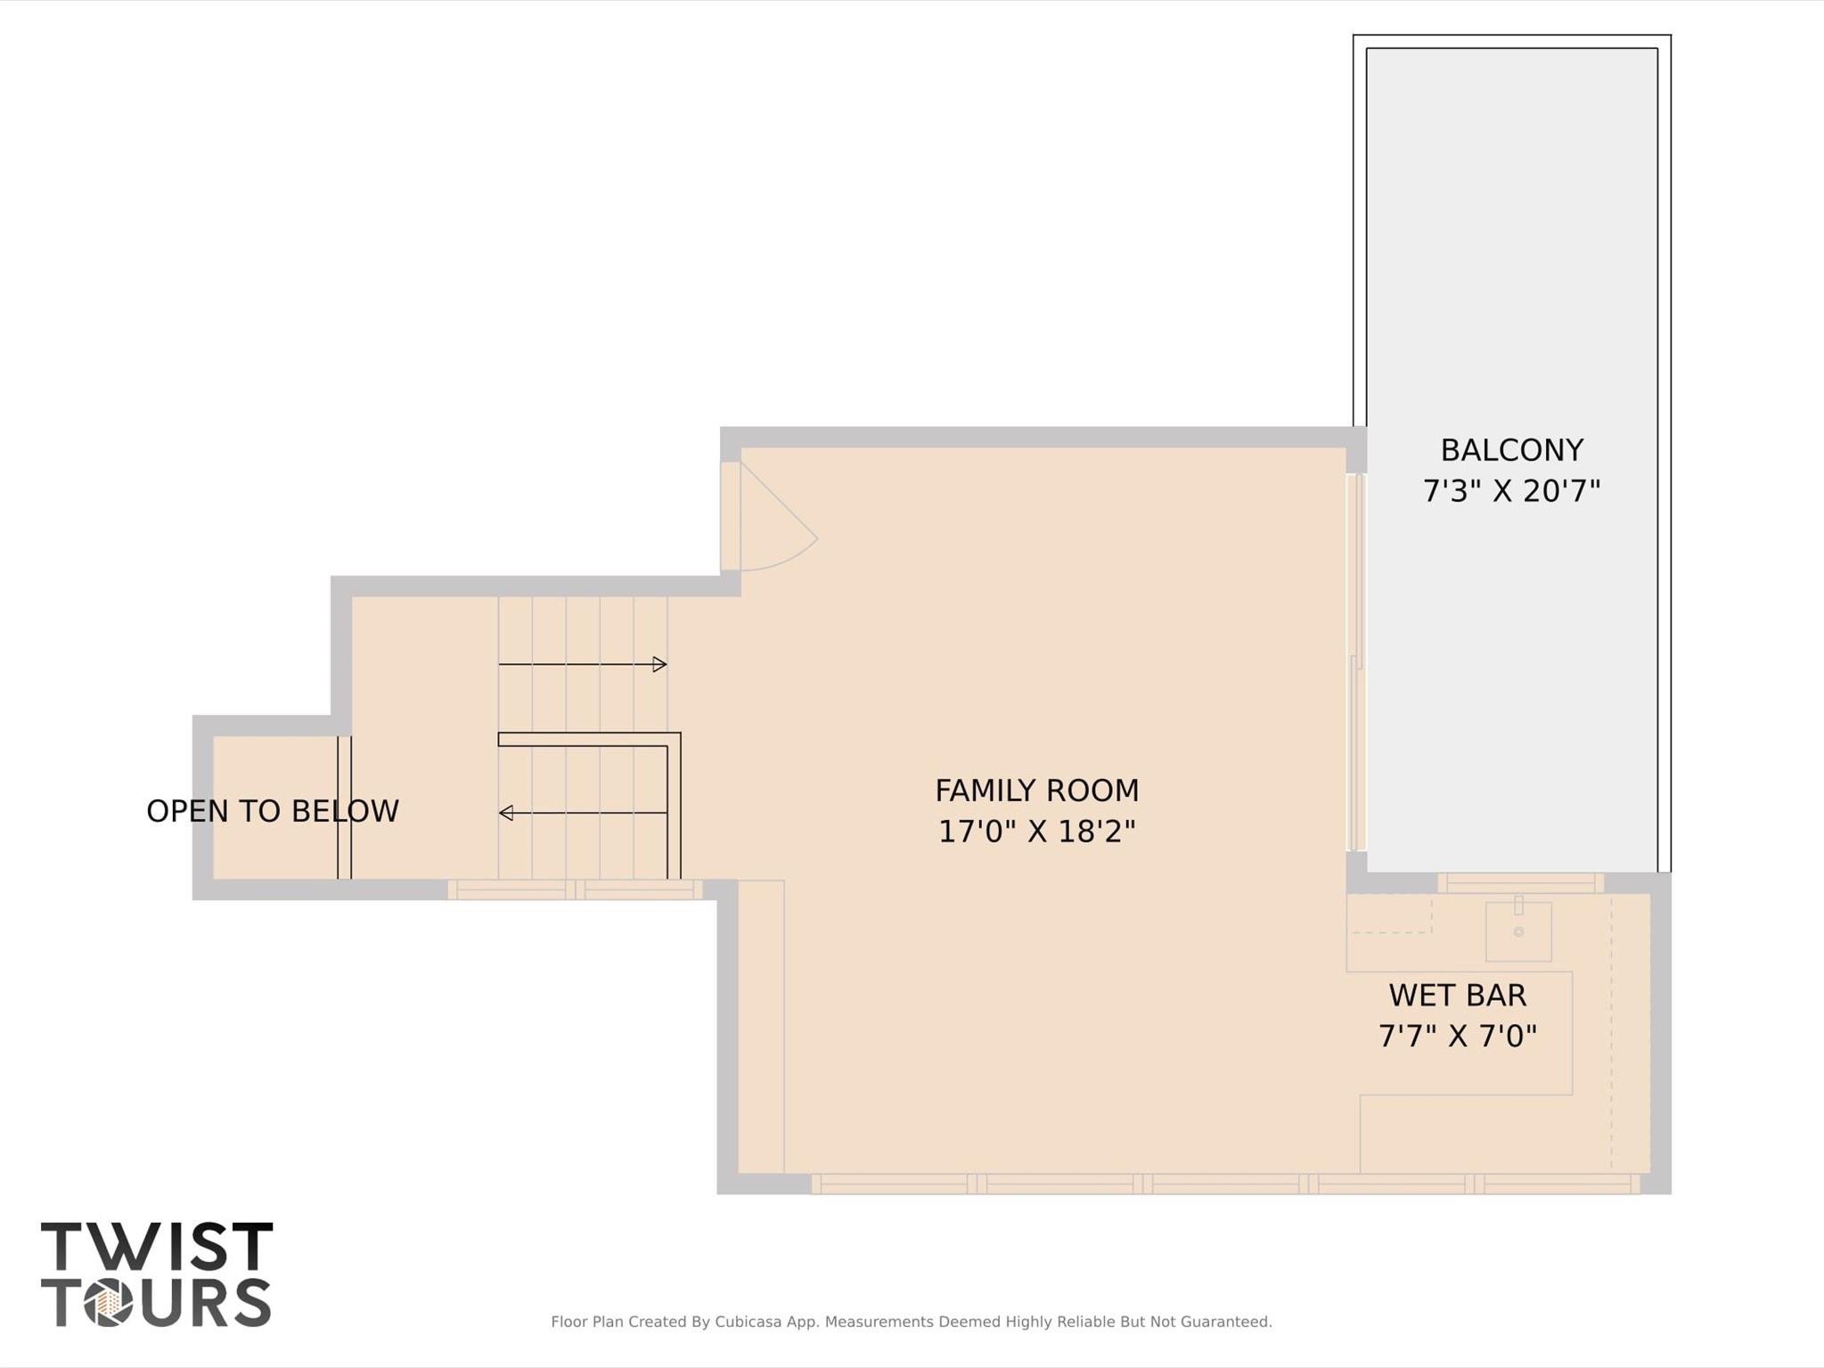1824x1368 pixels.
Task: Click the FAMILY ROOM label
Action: [1036, 790]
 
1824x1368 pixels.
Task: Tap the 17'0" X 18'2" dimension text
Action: [1036, 831]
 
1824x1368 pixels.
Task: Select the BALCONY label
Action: [1511, 450]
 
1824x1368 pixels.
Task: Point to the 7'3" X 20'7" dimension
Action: [1511, 491]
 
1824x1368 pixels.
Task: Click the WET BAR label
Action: [1457, 995]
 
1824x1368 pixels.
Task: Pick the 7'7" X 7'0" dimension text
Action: [1457, 1036]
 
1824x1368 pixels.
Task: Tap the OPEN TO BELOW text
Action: [272, 811]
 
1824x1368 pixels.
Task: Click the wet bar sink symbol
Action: [1518, 930]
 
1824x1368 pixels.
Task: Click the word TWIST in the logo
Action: [156, 1247]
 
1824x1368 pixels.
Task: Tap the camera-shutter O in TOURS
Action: [109, 1303]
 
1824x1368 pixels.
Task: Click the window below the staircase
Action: [575, 889]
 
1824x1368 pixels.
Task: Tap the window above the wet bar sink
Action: [1520, 883]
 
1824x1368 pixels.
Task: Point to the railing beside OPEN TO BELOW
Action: [344, 807]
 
